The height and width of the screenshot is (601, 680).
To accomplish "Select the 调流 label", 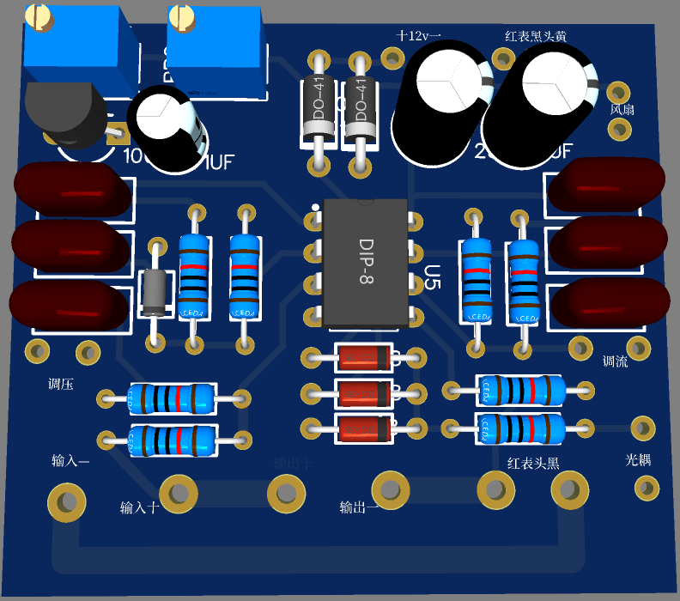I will pyautogui.click(x=615, y=361).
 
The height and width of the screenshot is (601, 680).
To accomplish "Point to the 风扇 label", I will pyautogui.click(x=622, y=110).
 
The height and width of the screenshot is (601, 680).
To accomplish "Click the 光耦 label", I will pyautogui.click(x=638, y=460).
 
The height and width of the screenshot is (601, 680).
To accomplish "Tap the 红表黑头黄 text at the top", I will pyautogui.click(x=535, y=36).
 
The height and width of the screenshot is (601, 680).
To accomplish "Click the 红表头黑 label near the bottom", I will pyautogui.click(x=533, y=464).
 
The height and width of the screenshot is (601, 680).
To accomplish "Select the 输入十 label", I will pyautogui.click(x=139, y=507).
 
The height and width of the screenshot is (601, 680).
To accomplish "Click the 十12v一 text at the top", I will pyautogui.click(x=419, y=36).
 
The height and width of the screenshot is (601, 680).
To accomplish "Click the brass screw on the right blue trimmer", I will pyautogui.click(x=182, y=15).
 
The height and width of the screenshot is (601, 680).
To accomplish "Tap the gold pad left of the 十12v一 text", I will pyautogui.click(x=392, y=58).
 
